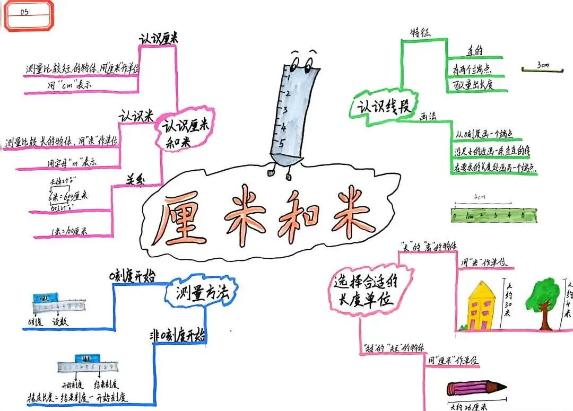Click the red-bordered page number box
coord(29,15)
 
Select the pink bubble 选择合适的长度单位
coord(367,291)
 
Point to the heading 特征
coord(420,32)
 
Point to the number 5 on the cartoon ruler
coord(282,142)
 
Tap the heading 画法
coord(428,117)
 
